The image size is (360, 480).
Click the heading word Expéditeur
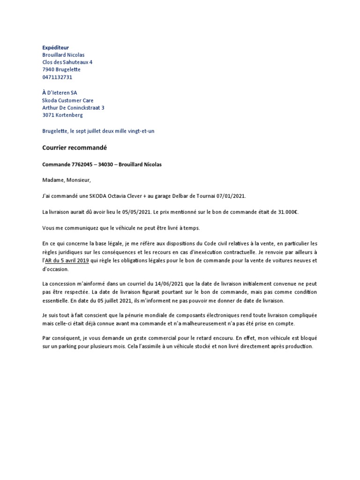tap(55, 47)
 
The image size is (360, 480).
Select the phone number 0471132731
tap(57, 77)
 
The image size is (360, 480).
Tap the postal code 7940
tap(49, 70)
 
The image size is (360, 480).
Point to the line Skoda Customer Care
tap(67, 100)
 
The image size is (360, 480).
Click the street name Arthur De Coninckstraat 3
tap(73, 108)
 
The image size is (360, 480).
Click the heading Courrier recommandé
tap(75, 148)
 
